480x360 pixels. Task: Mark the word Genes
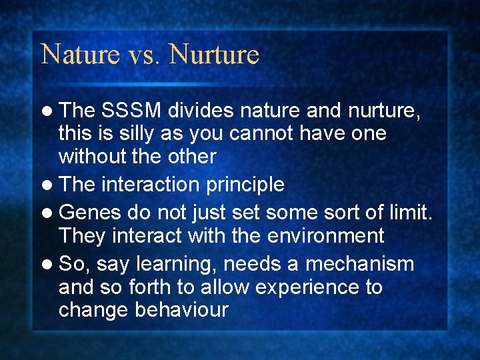[90, 213]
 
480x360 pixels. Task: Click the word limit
[408, 212]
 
